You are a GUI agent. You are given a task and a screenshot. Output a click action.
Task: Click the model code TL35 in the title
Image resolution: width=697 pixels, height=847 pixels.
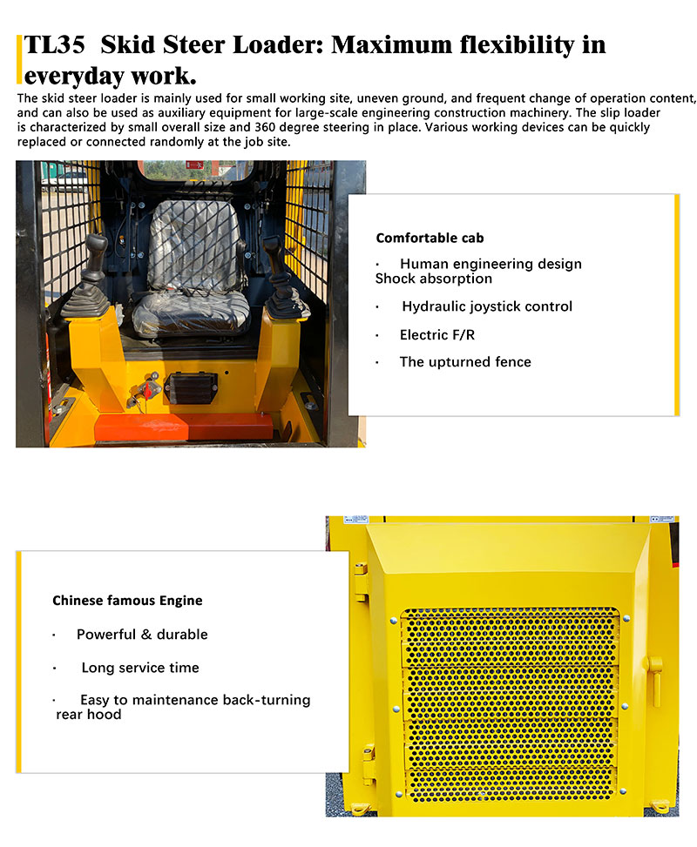[55, 45]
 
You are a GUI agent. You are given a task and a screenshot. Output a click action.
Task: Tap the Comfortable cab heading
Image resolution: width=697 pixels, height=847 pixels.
[430, 238]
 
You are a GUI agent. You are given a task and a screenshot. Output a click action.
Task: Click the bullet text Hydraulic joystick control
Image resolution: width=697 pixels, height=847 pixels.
[487, 306]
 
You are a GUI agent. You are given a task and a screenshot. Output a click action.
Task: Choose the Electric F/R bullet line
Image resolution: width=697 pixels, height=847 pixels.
[437, 334]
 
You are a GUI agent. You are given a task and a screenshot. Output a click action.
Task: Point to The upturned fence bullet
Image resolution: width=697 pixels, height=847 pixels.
[465, 362]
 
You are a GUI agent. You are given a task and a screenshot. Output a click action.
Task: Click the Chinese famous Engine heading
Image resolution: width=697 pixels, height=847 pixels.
[127, 601]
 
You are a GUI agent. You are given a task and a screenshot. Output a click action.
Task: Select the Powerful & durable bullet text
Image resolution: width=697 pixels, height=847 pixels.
[142, 635]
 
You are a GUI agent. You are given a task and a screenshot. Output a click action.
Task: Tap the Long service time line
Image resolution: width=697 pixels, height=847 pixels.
[140, 668]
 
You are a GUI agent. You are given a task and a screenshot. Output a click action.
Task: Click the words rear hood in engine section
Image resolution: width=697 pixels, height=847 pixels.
[88, 715]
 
